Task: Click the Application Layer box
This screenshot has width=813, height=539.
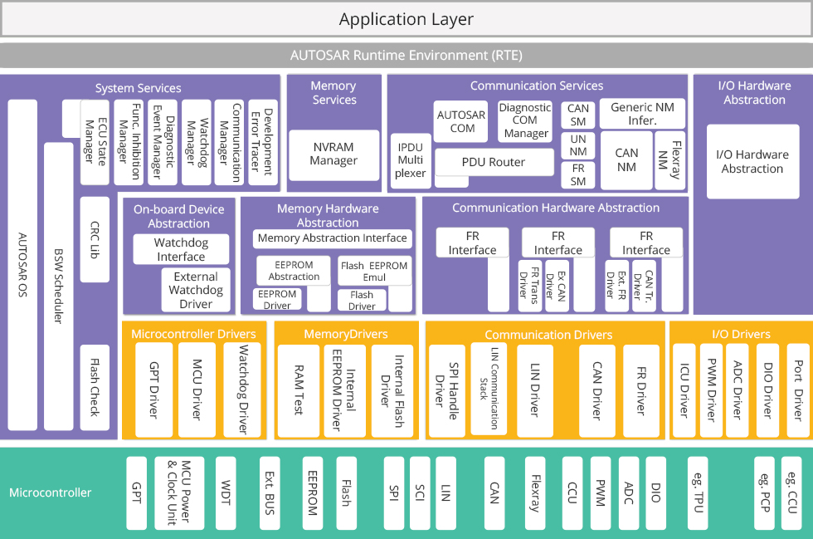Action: (406, 19)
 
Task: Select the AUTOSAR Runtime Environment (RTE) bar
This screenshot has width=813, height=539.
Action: (406, 55)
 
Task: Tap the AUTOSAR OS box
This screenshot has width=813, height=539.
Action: (23, 265)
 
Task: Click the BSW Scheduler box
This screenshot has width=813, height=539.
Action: (59, 287)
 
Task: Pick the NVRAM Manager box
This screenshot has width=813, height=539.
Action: (333, 154)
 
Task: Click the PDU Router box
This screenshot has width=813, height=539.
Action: (494, 162)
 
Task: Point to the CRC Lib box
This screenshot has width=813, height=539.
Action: (95, 239)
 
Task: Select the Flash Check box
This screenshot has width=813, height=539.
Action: (95, 387)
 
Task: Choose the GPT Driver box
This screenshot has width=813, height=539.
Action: (154, 390)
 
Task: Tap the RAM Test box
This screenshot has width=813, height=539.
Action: (299, 391)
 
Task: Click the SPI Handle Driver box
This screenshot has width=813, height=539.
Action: (447, 391)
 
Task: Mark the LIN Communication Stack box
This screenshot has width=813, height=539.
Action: (489, 389)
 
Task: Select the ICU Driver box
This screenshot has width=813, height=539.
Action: (684, 390)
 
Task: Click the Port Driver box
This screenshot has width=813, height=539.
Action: (798, 390)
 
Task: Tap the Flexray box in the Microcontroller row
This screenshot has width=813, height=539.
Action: (535, 492)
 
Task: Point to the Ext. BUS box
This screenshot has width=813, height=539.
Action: (270, 492)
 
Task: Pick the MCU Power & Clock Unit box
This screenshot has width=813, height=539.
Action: (179, 492)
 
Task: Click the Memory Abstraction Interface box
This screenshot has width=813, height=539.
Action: (333, 238)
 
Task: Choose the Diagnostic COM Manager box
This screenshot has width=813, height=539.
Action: (525, 121)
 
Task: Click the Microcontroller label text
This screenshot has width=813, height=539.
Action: (51, 492)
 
